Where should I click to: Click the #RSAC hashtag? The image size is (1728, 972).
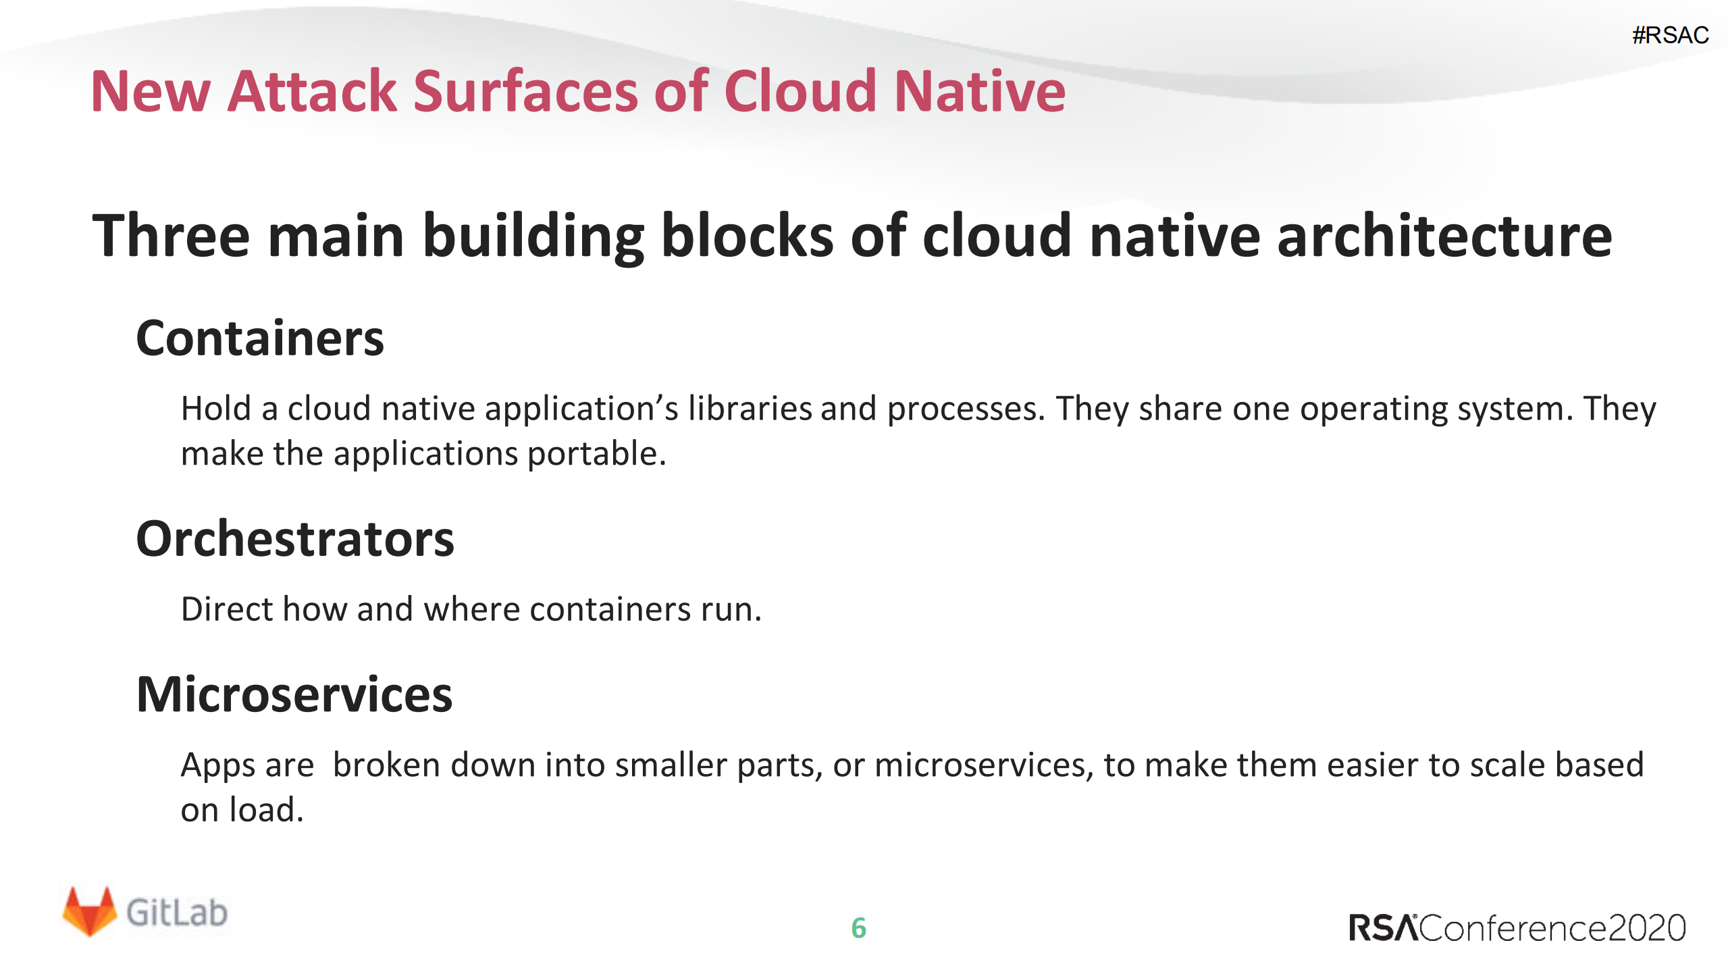coord(1670,35)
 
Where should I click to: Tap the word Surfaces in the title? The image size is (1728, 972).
coord(525,91)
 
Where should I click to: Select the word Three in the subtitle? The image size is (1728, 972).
coord(171,236)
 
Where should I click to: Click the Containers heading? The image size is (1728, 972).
coord(260,338)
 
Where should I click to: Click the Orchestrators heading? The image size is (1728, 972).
coord(295,539)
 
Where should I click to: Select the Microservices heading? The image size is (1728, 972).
coord(294,694)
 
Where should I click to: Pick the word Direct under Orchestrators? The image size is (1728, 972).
coord(227,609)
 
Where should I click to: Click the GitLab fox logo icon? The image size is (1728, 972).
coord(89,912)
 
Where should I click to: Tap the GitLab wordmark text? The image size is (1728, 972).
coord(177,913)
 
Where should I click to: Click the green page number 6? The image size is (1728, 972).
coord(858,928)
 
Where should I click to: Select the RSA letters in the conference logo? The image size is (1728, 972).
coord(1383,928)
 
